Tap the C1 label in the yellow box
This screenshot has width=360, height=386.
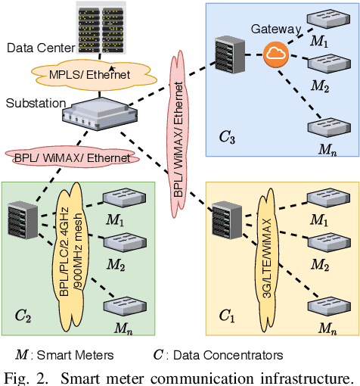(x=227, y=316)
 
